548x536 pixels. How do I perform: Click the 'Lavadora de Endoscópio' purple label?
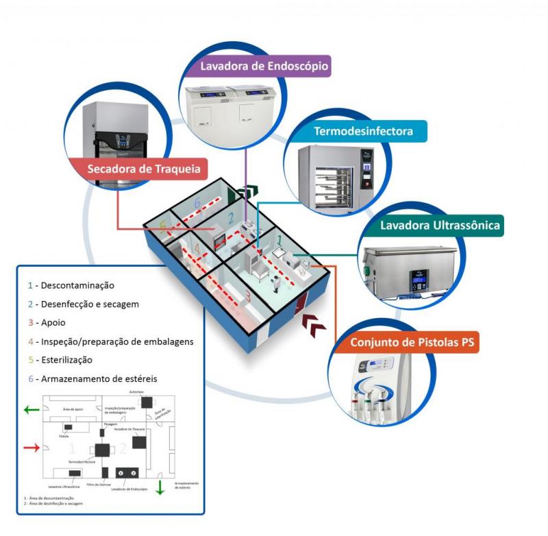tap(265, 67)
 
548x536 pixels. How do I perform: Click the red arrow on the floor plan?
tap(32, 448)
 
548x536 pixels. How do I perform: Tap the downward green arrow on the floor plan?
tap(159, 487)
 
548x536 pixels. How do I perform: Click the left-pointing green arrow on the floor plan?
tap(31, 410)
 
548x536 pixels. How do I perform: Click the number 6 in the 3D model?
tap(197, 204)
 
